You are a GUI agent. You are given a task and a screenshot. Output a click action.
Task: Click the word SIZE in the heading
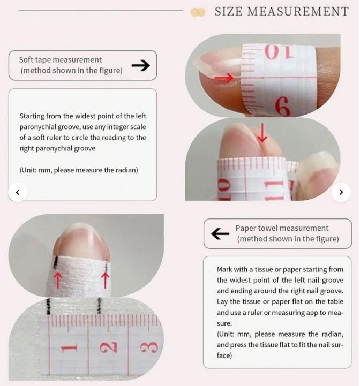coord(228,12)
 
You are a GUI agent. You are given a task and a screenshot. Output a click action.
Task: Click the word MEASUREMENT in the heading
coord(298,12)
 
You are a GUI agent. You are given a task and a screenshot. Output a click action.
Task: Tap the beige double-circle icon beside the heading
coord(198,12)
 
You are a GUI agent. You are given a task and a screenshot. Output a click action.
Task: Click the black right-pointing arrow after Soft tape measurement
coord(141,65)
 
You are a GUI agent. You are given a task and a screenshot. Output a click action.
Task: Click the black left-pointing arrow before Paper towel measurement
coord(220,233)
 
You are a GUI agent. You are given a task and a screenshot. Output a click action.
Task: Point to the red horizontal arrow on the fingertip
coord(224,78)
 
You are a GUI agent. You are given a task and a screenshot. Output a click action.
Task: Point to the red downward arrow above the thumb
coord(262,133)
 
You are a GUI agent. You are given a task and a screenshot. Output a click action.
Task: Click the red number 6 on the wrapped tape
coord(282,107)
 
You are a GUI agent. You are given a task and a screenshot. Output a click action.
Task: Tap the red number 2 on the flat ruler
coord(109,347)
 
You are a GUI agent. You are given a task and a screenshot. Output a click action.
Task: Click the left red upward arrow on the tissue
coord(58,280)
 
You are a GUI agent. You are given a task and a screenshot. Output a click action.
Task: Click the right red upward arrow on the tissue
coord(105,280)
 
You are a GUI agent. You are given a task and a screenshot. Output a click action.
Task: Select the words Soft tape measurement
coord(61,60)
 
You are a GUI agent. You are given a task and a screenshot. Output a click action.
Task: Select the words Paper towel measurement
coord(282,228)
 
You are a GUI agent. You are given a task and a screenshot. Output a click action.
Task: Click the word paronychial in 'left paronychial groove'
coord(37,127)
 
